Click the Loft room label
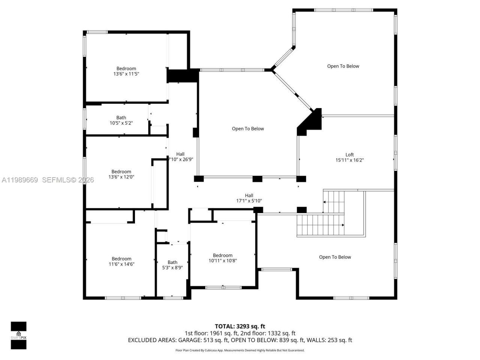coord(349,154)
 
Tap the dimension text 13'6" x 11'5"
coord(126,74)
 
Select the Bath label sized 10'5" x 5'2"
coord(121,118)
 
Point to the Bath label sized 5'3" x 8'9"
coord(172,262)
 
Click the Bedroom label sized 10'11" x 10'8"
coord(223,255)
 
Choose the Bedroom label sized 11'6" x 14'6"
coord(121,259)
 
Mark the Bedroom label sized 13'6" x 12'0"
coord(121,172)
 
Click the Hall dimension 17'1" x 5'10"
coord(249,201)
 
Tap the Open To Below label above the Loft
coord(343,66)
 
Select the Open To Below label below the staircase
coord(335,257)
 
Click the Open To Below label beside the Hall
coord(248,129)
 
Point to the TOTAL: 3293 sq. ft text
coord(240,326)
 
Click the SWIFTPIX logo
coord(18,335)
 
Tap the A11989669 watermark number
coord(19,180)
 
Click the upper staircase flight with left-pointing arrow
coord(334,202)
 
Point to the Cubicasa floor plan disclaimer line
coord(240,350)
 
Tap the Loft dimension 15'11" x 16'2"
coord(349,160)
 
